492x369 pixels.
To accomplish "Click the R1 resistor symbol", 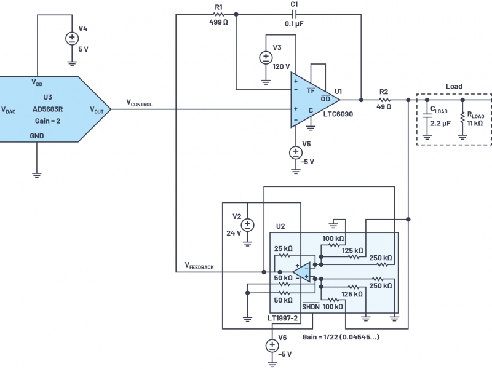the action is click(218, 14).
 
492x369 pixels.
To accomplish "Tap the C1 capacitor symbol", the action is click(294, 14).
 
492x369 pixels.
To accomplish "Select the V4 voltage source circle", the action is click(72, 38).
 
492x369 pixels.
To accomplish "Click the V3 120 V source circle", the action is click(266, 57).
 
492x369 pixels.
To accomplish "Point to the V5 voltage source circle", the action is click(296, 153).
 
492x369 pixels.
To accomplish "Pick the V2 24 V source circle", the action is click(248, 225).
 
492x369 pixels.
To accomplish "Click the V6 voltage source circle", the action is click(272, 346).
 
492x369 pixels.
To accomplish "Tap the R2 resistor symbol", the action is click(384, 100).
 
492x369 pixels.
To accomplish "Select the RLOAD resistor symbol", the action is click(462, 117).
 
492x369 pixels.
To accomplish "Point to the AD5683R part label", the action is click(48, 109).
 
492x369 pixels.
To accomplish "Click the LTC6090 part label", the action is click(338, 114).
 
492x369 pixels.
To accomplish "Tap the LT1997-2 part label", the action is click(282, 318).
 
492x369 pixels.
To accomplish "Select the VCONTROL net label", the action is click(140, 103).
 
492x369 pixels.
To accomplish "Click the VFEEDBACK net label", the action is click(199, 266).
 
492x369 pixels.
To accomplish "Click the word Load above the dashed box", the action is click(454, 86).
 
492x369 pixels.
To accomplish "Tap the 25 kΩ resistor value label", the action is click(283, 248).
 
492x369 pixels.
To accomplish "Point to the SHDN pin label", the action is click(311, 306).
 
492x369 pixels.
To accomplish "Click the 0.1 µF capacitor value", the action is click(294, 24).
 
